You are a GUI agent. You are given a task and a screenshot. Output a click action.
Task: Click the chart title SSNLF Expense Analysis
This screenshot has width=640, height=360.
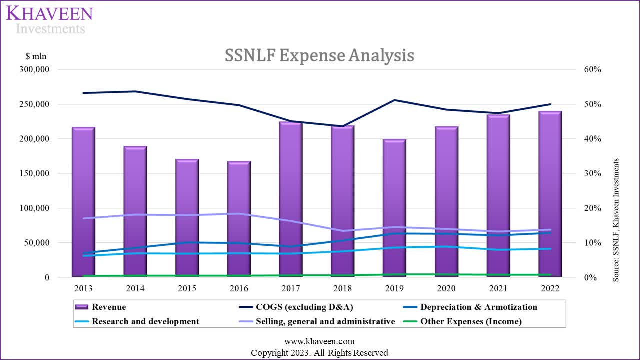319,55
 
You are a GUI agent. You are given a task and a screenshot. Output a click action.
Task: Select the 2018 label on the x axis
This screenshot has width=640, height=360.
342,288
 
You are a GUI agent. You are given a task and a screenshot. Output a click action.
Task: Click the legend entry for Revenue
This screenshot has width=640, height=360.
109,307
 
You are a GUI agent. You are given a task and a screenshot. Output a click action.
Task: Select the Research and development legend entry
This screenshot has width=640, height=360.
145,322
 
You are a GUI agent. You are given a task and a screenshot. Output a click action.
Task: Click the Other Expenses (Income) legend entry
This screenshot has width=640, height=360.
471,322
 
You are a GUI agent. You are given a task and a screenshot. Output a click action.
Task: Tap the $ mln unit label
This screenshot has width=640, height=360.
36,56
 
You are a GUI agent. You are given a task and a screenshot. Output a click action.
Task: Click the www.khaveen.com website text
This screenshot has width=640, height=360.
319,342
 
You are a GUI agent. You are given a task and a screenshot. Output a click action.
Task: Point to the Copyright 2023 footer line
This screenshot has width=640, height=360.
319,353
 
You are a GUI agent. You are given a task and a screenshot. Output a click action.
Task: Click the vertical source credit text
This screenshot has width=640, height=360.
616,220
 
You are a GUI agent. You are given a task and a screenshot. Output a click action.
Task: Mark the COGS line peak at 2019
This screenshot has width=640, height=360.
394,100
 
